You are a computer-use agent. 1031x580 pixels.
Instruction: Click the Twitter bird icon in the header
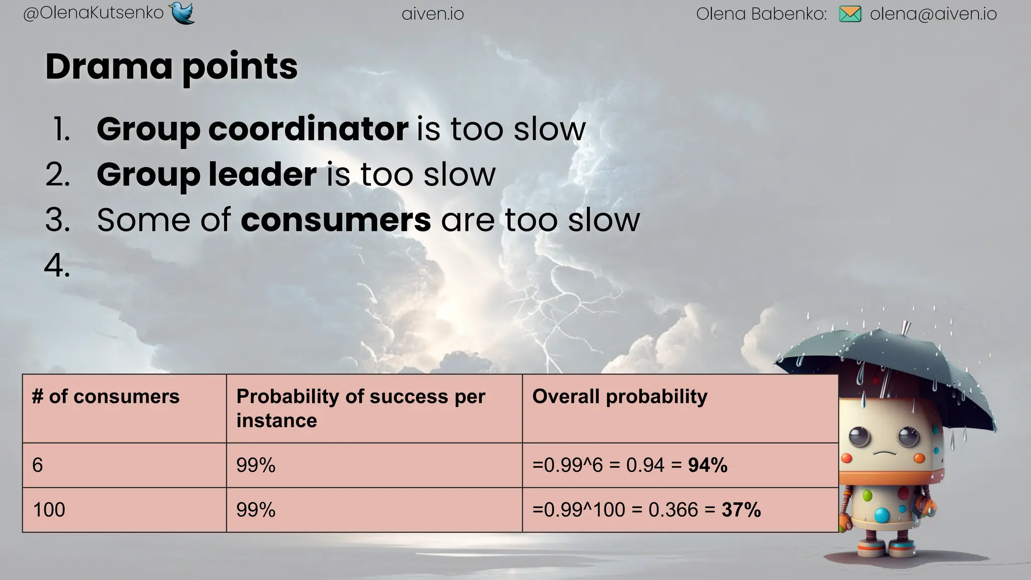pos(182,13)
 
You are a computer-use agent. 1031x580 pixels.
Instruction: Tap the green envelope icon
pos(850,14)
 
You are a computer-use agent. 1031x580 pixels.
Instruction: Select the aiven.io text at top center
pos(433,14)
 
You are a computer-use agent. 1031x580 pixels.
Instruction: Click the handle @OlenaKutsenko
pos(94,13)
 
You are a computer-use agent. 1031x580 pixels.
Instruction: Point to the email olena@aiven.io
pos(933,14)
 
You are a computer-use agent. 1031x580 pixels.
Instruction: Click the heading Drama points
pos(172,66)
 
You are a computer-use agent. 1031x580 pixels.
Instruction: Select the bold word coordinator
pos(308,129)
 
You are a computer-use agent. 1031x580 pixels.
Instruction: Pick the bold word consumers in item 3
pos(336,220)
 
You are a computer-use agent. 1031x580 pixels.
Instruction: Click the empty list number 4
pos(57,265)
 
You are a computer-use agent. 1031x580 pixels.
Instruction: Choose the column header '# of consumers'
pos(106,397)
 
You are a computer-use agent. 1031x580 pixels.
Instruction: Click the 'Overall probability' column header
pos(620,397)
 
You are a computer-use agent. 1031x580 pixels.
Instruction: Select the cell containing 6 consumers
pos(38,465)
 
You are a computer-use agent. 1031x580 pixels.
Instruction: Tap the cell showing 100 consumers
pos(49,510)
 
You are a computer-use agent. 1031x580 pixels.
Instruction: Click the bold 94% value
pos(708,465)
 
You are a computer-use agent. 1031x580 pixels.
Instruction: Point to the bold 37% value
pos(741,510)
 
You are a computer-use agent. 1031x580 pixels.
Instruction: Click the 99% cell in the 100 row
pos(256,510)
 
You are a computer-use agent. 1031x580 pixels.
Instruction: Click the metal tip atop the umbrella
pos(906,327)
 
